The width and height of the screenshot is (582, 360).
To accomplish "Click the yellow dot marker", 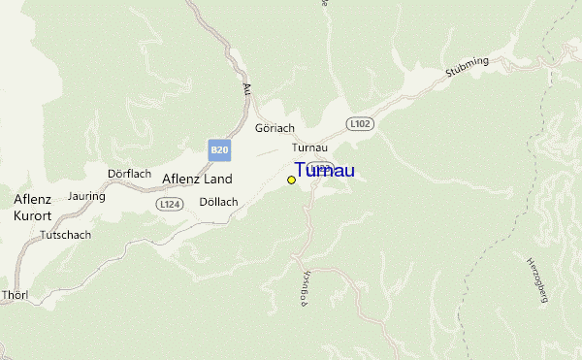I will point(291,180).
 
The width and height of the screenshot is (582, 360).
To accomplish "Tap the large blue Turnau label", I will point(324,171).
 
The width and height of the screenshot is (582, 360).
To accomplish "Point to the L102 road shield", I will point(360,124).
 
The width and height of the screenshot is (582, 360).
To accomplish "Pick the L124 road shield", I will point(170,204).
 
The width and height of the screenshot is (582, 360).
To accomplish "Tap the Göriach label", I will point(275,128).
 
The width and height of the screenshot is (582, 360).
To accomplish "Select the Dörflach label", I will point(129,174).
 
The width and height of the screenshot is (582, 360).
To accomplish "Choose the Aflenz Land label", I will point(197,180).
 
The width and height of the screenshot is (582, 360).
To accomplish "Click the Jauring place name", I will point(86,195).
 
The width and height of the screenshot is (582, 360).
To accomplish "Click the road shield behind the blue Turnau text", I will point(323,166).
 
